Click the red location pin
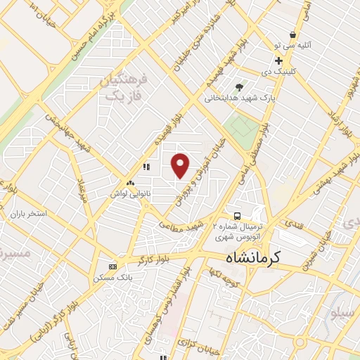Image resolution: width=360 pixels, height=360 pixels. point(181,166)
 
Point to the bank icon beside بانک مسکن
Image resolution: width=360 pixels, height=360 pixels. point(114,267)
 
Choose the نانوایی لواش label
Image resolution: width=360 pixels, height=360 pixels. point(130,191)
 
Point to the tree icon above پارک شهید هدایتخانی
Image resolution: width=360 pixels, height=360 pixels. point(240,87)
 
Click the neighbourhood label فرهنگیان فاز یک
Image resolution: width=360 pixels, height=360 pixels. point(124,87)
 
